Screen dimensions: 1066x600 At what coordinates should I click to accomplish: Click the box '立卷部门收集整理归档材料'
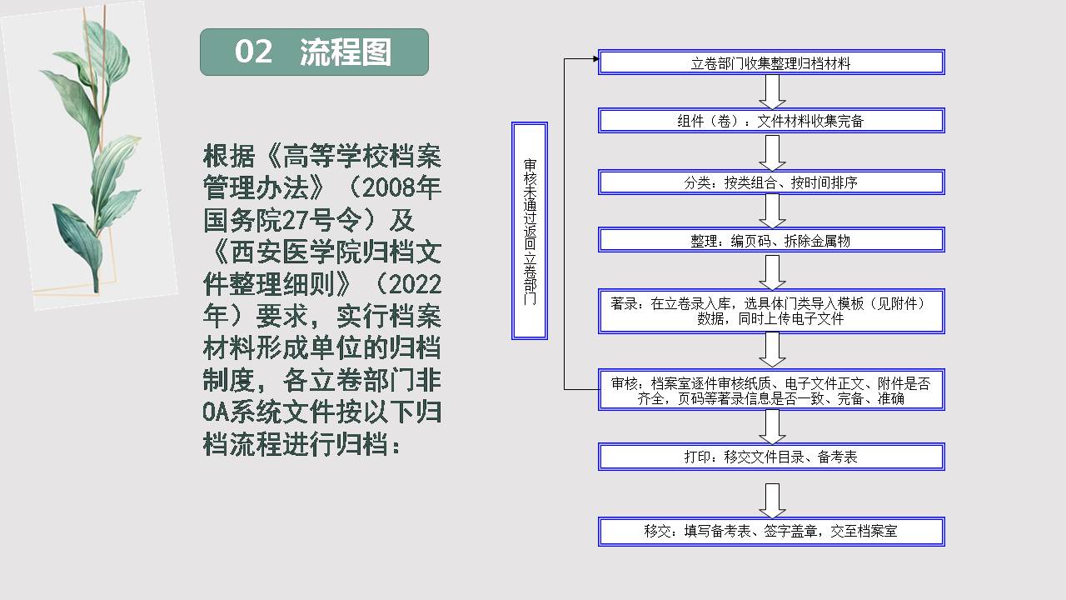coord(771,62)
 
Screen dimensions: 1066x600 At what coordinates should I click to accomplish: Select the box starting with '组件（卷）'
coord(771,121)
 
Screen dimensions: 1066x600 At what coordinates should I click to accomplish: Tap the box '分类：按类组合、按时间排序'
coord(771,182)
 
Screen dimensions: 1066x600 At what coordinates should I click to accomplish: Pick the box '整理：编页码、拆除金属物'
coord(771,240)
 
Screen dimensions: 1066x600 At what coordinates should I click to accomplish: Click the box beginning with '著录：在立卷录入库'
coord(771,311)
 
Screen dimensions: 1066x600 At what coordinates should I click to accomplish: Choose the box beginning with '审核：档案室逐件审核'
coord(771,390)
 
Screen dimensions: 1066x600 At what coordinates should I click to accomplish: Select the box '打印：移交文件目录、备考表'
coord(771,457)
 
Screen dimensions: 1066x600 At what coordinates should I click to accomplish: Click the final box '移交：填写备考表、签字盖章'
coord(771,532)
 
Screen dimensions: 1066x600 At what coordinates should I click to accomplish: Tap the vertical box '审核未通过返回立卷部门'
coord(530,231)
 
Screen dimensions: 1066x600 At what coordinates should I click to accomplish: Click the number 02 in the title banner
coord(254,52)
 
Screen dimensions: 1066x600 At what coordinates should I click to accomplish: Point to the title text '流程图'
coord(346,52)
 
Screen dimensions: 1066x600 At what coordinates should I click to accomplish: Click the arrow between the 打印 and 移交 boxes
coord(772,501)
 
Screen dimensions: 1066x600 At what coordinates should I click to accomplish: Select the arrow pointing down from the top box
coord(772,92)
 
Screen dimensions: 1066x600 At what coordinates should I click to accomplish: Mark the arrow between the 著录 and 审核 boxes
coord(772,350)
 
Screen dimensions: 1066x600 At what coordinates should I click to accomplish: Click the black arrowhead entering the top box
coord(595,58)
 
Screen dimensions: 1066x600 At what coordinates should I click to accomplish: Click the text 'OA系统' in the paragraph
coord(242,412)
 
